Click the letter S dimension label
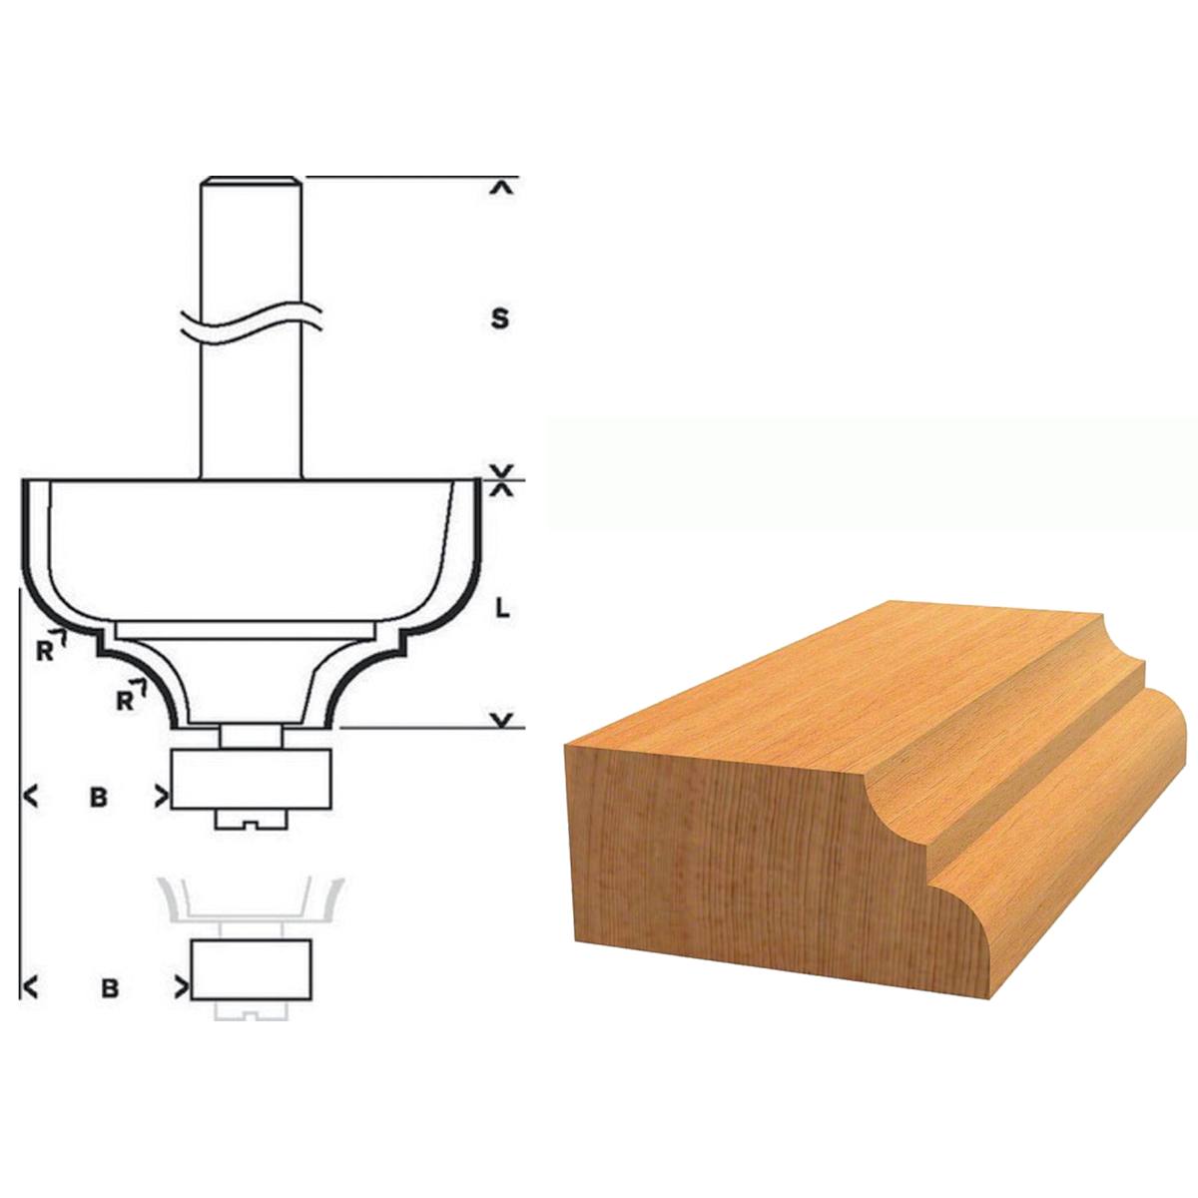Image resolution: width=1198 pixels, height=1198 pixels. pyautogui.click(x=500, y=318)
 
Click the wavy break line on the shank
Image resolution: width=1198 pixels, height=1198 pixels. pyautogui.click(x=252, y=323)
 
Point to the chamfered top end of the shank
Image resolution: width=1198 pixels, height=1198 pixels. pyautogui.click(x=252, y=181)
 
